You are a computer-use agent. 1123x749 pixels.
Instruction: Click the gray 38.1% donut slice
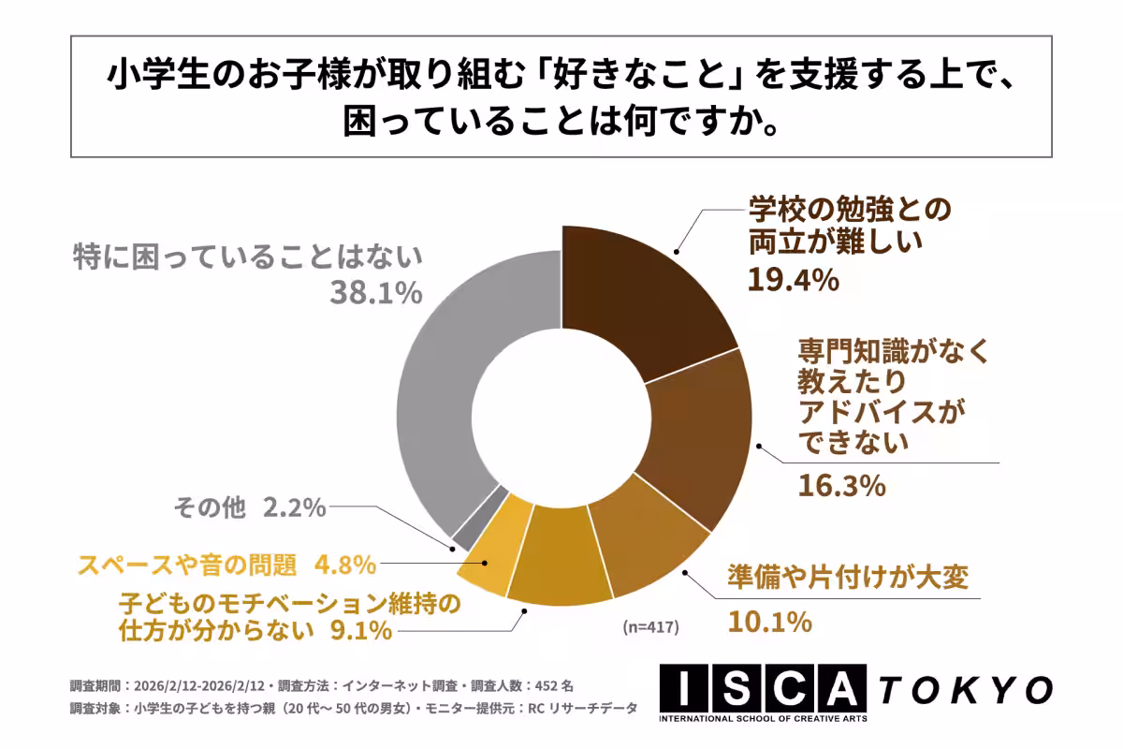(x=435, y=393)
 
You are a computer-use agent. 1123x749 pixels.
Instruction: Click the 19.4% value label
(x=792, y=278)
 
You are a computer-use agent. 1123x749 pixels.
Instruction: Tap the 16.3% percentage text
(x=841, y=486)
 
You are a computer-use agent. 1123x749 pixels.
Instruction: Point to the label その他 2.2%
(x=250, y=508)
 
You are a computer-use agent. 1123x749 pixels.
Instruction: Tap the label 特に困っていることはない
(x=249, y=257)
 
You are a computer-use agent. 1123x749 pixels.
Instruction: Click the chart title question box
(x=561, y=97)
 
